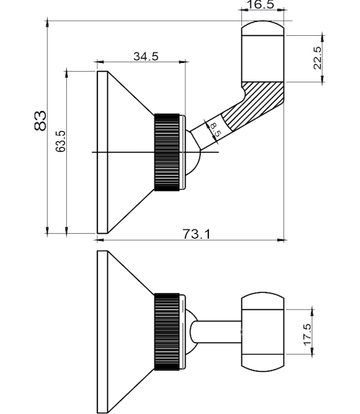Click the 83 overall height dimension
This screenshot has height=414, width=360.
pyautogui.click(x=40, y=121)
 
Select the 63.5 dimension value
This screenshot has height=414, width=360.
pyautogui.click(x=61, y=141)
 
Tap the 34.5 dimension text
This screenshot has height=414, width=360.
pyautogui.click(x=146, y=57)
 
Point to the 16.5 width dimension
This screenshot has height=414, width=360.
pyautogui.click(x=260, y=5)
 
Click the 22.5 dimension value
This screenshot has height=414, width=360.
pyautogui.click(x=317, y=58)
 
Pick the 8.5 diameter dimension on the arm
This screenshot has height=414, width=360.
pyautogui.click(x=215, y=130)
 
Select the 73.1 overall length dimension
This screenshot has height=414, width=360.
pyautogui.click(x=197, y=234)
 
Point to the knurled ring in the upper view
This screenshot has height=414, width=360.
pyautogui.click(x=167, y=152)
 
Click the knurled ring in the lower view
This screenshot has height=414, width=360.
pyautogui.click(x=167, y=332)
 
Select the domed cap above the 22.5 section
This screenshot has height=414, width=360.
pyautogui.click(x=263, y=28)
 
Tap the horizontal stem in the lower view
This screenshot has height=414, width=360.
pyautogui.click(x=217, y=332)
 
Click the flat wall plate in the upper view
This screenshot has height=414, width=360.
pyautogui.click(x=102, y=152)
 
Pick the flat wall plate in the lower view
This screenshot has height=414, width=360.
pyautogui.click(x=102, y=332)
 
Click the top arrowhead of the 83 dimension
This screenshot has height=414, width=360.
pyautogui.click(x=48, y=23)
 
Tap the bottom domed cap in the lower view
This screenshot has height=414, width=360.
pyautogui.click(x=263, y=363)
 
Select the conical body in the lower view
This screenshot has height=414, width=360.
pyautogui.click(x=130, y=332)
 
